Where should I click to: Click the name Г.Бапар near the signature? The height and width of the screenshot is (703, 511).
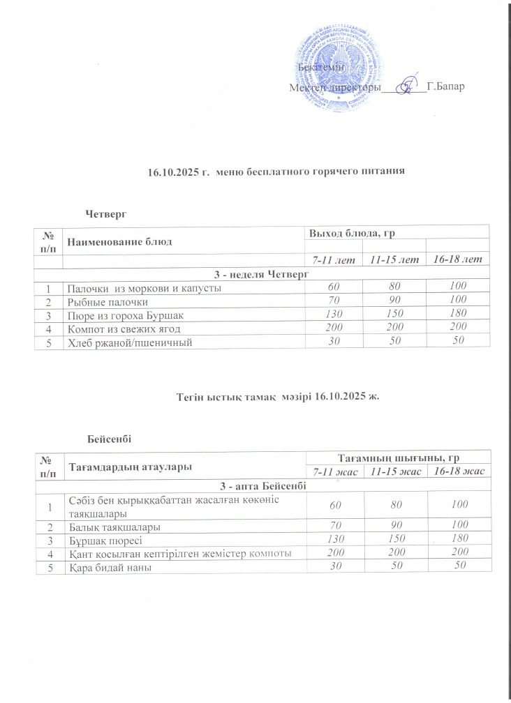coord(445,87)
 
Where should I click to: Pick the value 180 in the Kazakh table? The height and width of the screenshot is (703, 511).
coord(459,541)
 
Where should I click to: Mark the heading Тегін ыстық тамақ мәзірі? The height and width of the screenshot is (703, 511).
coord(240,396)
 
